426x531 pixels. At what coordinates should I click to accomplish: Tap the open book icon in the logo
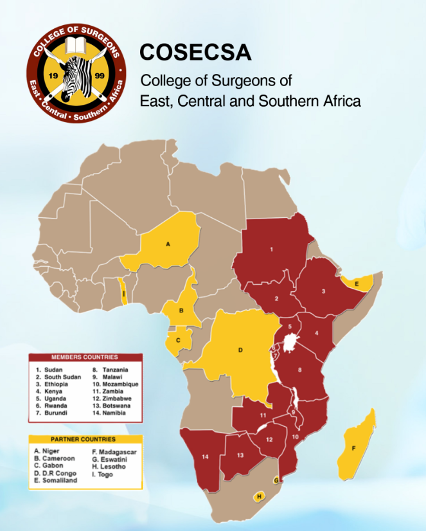pos(75,48)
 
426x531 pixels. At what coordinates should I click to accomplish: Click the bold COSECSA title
pos(195,53)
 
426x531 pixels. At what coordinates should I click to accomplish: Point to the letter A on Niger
pos(168,244)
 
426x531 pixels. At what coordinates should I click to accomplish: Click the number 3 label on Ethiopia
pos(323,291)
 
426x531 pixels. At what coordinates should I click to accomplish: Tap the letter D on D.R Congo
pos(240,350)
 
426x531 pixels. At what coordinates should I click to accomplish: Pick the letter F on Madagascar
pos(353,448)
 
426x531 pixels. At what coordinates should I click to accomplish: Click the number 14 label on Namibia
pos(206,457)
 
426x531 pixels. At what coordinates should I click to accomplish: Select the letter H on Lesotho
pos(258,496)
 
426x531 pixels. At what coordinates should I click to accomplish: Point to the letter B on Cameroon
pos(182,310)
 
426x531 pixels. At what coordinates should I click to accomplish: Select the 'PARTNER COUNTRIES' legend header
pos(84,439)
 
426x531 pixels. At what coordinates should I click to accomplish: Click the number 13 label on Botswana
pos(240,455)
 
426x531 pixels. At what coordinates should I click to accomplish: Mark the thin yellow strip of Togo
pos(124,295)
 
